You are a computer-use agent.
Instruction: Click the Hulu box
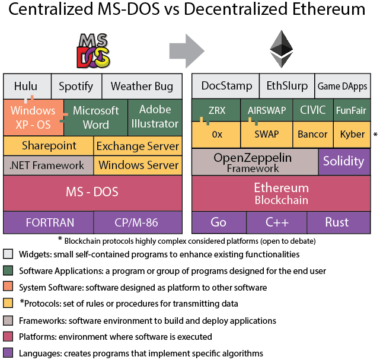click(26, 87)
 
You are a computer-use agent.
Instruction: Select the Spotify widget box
click(76, 87)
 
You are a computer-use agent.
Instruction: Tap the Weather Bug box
click(142, 87)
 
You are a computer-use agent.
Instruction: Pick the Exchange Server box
click(138, 146)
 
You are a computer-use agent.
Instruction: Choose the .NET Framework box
click(47, 165)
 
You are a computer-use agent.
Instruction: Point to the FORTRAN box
click(48, 222)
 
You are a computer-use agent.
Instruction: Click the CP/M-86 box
click(138, 222)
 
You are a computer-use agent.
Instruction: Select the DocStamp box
click(226, 86)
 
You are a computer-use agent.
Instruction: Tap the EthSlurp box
click(287, 86)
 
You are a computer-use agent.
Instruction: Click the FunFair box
click(351, 110)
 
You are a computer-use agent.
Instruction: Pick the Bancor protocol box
click(312, 134)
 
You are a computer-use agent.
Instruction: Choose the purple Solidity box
click(343, 161)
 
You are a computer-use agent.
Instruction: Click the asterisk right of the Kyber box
click(375, 135)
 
